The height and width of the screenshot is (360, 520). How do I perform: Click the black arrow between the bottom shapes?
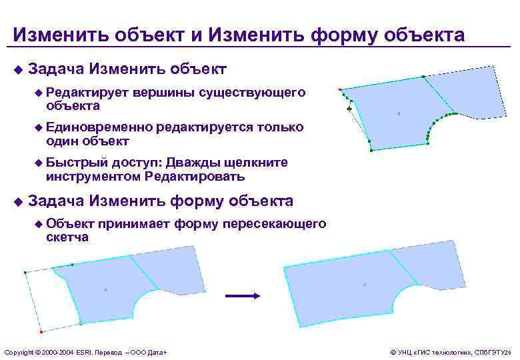click(242, 295)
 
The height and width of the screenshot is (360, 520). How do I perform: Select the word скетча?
click(67, 237)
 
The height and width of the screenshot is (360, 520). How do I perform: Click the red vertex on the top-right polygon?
click(340, 89)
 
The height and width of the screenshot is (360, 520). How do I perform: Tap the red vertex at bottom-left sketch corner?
click(41, 331)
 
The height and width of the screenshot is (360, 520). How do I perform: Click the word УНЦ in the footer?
click(405, 351)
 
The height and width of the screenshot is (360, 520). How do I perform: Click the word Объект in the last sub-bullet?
click(71, 223)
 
